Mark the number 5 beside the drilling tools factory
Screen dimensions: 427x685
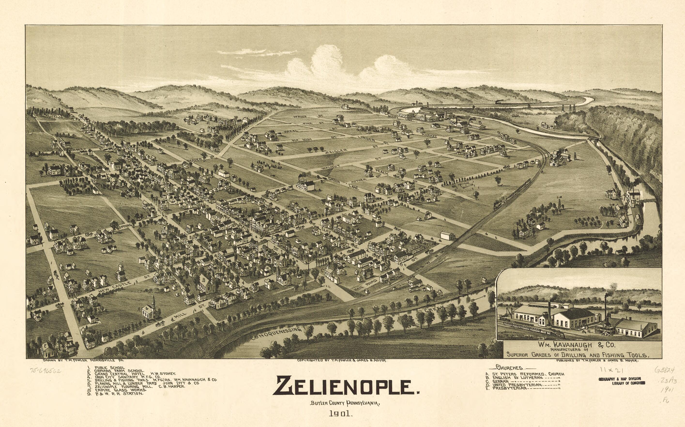tap(480, 122)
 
